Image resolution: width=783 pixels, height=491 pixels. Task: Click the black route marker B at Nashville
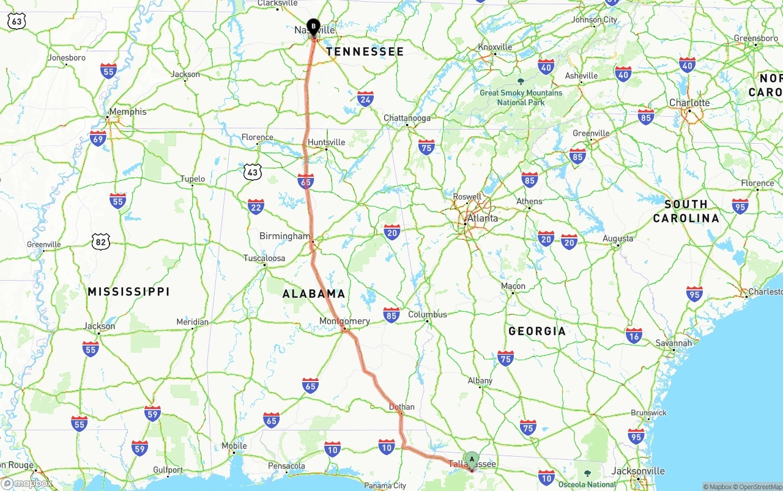tap(313, 27)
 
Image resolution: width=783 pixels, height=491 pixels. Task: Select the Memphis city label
tap(128, 112)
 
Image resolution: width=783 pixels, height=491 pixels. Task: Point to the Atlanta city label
tap(482, 218)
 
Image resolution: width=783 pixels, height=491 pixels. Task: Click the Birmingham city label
tap(284, 236)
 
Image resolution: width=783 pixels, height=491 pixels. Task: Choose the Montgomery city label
tap(344, 321)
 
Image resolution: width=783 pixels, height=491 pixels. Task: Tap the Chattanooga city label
tap(407, 118)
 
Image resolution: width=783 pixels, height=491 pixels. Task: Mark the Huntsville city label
tap(326, 142)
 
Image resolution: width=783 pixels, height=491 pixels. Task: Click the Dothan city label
tap(401, 407)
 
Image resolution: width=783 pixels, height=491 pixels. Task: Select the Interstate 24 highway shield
tap(365, 98)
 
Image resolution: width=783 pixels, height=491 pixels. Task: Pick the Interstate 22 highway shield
tap(256, 207)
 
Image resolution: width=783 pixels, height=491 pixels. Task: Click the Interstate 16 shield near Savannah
tap(634, 335)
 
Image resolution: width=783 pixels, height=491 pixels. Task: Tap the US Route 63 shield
tap(17, 21)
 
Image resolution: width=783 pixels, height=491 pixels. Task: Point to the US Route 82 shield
tap(101, 242)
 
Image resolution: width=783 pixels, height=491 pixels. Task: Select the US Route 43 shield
tap(252, 172)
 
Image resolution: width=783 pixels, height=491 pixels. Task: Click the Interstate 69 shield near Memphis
tap(97, 138)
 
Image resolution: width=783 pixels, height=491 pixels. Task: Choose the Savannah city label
tap(674, 343)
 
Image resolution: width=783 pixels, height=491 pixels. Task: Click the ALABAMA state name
tap(314, 294)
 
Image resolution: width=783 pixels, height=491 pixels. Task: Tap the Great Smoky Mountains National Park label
tap(521, 97)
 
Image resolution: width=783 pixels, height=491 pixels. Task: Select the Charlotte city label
tap(689, 103)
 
